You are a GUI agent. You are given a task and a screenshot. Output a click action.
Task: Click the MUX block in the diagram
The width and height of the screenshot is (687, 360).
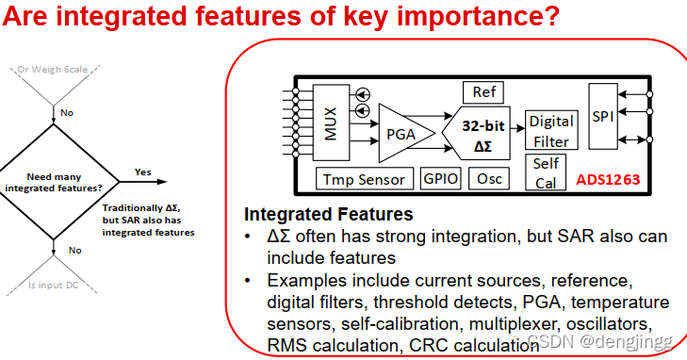pyautogui.click(x=331, y=123)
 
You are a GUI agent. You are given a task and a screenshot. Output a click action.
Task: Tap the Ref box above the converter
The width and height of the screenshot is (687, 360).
pyautogui.click(x=483, y=92)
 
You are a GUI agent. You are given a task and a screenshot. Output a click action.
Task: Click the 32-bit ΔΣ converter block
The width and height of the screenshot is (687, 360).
pyautogui.click(x=478, y=133)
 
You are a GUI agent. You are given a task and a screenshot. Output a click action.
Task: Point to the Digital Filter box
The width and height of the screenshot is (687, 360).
pyautogui.click(x=551, y=130)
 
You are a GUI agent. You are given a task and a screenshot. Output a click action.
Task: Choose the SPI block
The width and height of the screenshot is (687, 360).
pyautogui.click(x=603, y=117)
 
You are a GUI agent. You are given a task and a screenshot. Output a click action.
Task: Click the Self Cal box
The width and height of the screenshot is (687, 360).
pyautogui.click(x=546, y=172)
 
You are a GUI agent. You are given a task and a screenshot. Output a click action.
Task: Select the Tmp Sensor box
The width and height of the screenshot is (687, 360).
pyautogui.click(x=365, y=179)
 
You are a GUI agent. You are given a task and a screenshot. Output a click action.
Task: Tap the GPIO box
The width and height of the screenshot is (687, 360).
pyautogui.click(x=440, y=178)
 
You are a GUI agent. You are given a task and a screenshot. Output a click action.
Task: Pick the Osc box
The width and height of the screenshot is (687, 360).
pyautogui.click(x=489, y=178)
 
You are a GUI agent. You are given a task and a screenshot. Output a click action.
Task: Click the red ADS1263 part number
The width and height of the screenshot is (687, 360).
pyautogui.click(x=608, y=180)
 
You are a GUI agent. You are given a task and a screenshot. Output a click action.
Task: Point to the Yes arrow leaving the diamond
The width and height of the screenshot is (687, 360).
pyautogui.click(x=143, y=182)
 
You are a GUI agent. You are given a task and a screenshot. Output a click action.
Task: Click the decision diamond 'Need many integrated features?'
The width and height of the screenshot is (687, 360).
pyautogui.click(x=54, y=182)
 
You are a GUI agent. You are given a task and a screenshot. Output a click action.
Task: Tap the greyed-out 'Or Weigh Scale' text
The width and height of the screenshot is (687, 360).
pyautogui.click(x=53, y=70)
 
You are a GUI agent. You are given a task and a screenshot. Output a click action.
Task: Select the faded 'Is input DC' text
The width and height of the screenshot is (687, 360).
pyautogui.click(x=53, y=286)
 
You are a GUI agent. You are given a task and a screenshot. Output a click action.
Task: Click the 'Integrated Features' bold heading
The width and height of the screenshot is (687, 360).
pyautogui.click(x=329, y=214)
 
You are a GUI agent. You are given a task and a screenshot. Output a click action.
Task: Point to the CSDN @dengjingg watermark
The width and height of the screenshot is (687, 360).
pyautogui.click(x=599, y=341)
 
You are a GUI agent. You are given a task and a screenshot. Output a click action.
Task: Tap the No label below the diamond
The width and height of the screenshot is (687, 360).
pyautogui.click(x=75, y=251)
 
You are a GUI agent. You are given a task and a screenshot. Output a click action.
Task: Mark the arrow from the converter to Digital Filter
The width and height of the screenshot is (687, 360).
pyautogui.click(x=518, y=129)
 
